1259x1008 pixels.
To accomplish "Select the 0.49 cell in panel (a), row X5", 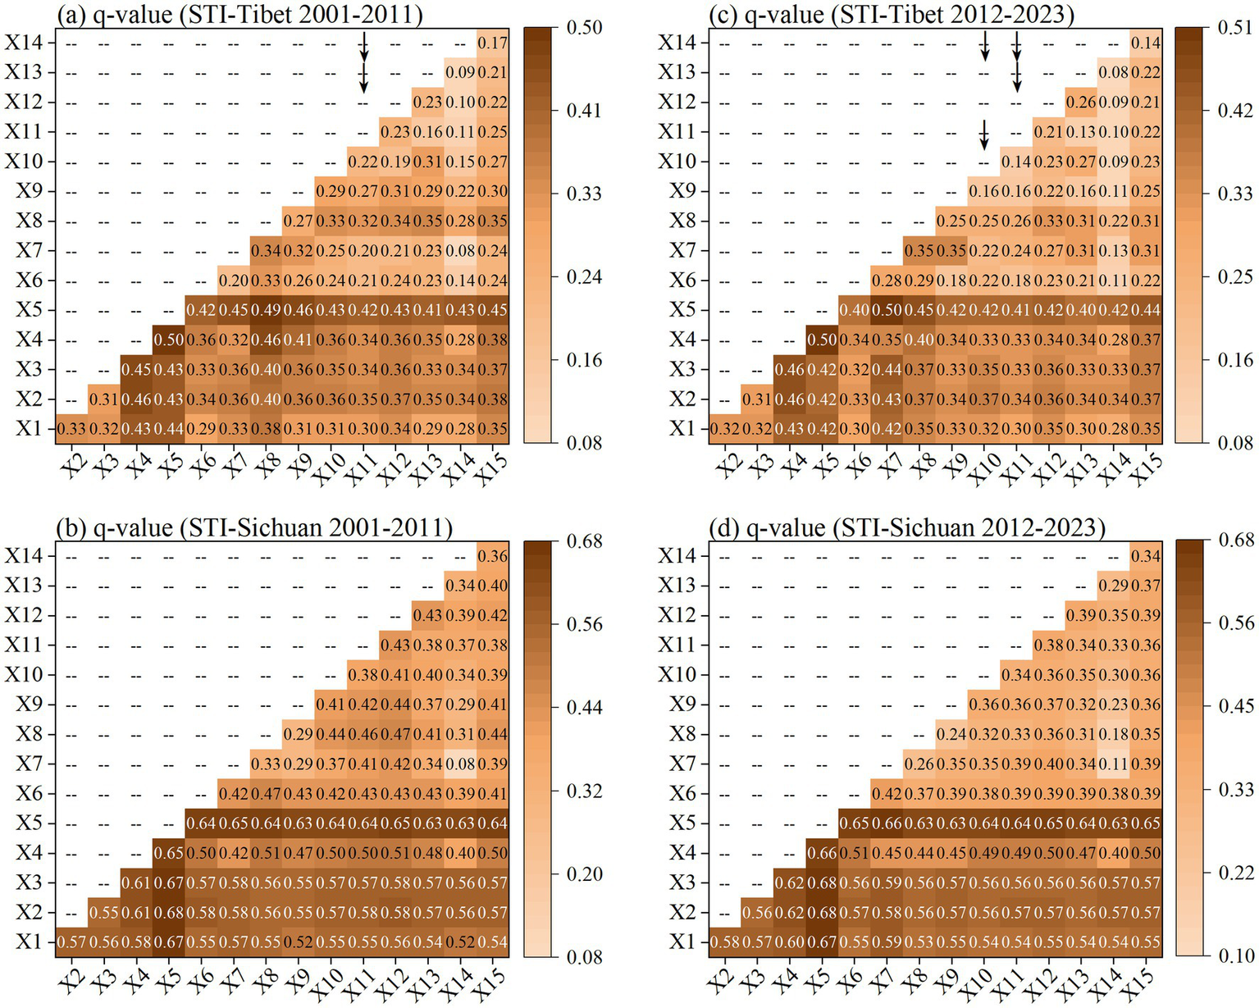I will (x=266, y=310).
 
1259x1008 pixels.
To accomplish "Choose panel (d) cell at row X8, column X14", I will (x=1113, y=734).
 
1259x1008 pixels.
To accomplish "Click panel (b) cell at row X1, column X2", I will (x=71, y=942).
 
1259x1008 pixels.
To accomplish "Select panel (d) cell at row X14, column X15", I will (x=1145, y=556).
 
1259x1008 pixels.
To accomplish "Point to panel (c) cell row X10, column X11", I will (x=1015, y=162).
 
